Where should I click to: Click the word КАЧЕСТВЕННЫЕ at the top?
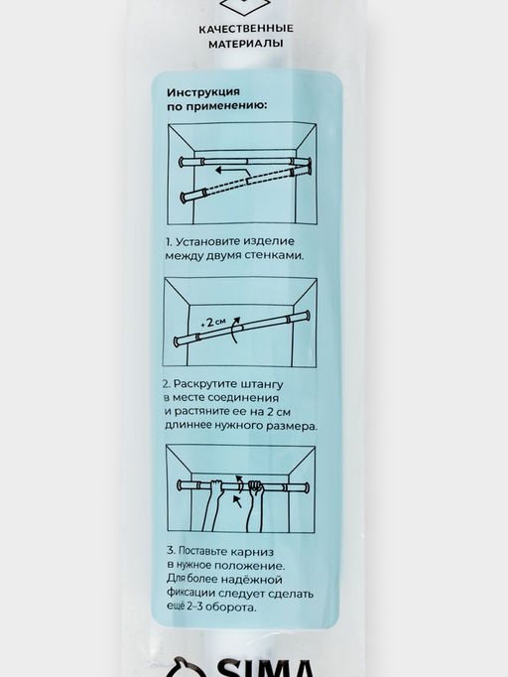pyautogui.click(x=246, y=29)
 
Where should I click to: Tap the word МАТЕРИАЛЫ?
pyautogui.click(x=246, y=44)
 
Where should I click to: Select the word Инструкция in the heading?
pyautogui.click(x=202, y=93)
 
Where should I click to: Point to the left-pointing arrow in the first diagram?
pyautogui.click(x=232, y=170)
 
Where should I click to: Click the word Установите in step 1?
pyautogui.click(x=208, y=241)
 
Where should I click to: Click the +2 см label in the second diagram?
pyautogui.click(x=213, y=322)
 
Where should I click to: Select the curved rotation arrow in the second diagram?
pyautogui.click(x=234, y=331)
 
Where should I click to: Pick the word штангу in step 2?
pyautogui.click(x=261, y=384)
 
